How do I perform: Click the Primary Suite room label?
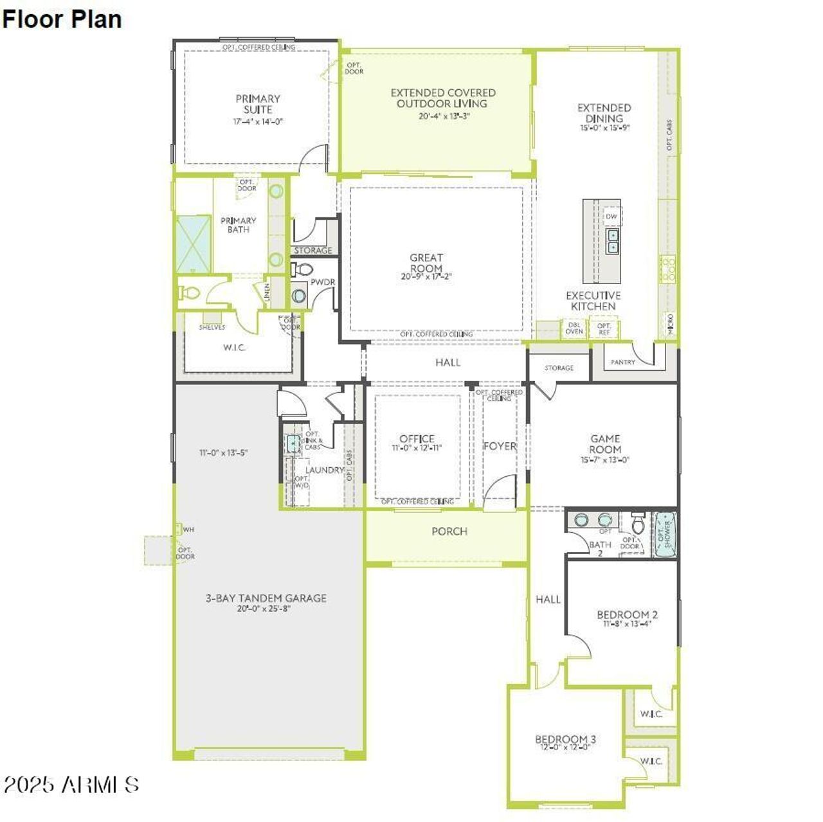[x=257, y=104]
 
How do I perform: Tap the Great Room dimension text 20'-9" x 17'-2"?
[x=426, y=277]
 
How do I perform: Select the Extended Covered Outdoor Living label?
[x=442, y=98]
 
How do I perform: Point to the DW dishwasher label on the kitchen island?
[x=611, y=217]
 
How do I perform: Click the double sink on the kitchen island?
[x=613, y=241]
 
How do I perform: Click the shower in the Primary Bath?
[x=194, y=244]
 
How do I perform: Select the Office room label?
[x=417, y=439]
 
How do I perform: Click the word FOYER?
[x=500, y=446]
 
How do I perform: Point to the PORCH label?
[x=449, y=532]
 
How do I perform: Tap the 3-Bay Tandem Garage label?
[x=266, y=598]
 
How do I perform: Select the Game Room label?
[x=605, y=444]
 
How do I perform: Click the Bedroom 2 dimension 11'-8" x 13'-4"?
[x=627, y=623]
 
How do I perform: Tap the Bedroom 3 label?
[x=565, y=739]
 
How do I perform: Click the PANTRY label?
[x=622, y=362]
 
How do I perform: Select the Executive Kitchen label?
[x=593, y=301]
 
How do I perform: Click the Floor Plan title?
[x=62, y=19]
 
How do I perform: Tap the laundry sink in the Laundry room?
[x=293, y=442]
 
